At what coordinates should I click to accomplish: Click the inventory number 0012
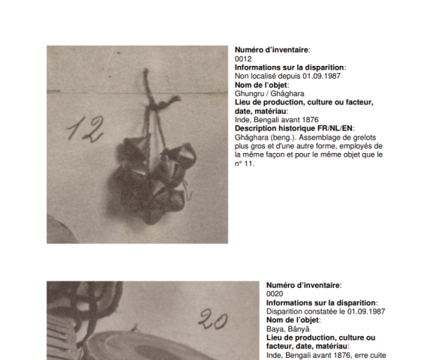click(243, 59)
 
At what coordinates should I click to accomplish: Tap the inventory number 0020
click(275, 294)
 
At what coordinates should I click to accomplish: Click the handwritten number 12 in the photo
click(86, 129)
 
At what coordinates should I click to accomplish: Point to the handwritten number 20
click(213, 319)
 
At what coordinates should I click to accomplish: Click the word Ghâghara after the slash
click(287, 94)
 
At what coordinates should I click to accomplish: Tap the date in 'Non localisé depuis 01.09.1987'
click(321, 76)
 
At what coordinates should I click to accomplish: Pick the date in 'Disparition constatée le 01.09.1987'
click(366, 311)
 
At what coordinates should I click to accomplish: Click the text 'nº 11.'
click(245, 163)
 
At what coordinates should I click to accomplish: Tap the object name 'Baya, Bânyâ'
click(287, 329)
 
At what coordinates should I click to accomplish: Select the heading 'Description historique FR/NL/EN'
click(293, 128)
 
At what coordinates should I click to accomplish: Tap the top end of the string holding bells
click(146, 70)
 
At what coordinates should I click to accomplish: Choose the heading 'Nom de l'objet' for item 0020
click(293, 320)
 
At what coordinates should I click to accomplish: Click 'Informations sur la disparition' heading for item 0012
click(290, 67)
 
